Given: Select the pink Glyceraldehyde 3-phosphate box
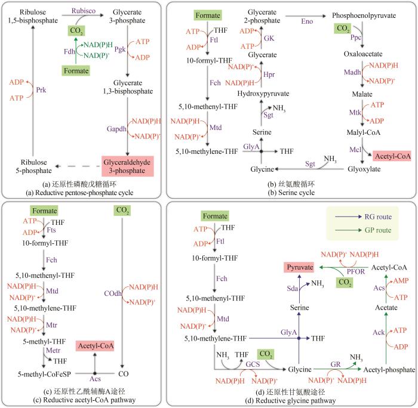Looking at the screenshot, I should [x=134, y=165].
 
